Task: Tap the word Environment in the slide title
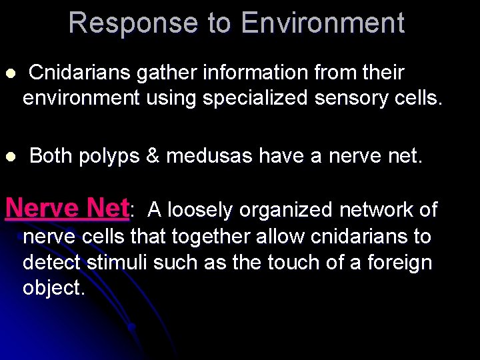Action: tap(323, 23)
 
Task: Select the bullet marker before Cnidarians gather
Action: tap(9, 73)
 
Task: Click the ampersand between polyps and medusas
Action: tap(153, 157)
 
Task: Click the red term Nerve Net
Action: tap(67, 208)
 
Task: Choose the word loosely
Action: tap(199, 211)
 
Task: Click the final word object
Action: tap(53, 289)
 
